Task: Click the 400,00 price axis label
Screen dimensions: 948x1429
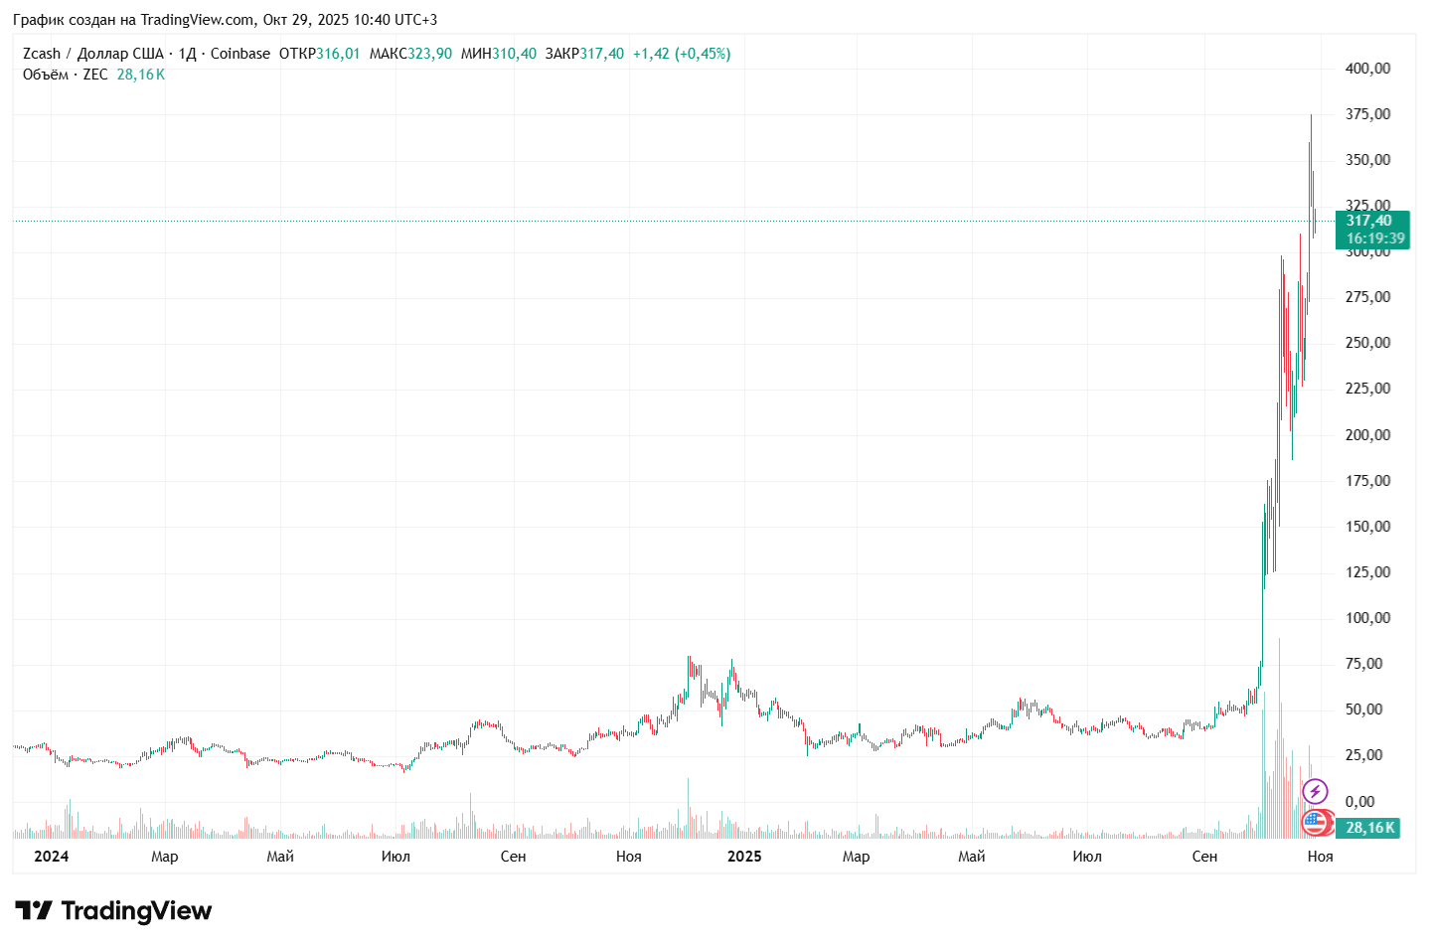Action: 1367,69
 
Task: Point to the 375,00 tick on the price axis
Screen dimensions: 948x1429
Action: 1367,114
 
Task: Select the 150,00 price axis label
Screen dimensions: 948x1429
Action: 1367,527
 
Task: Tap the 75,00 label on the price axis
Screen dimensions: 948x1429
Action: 1363,664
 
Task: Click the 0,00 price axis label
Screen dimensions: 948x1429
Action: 1359,801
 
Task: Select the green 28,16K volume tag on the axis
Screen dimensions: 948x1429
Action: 1369,828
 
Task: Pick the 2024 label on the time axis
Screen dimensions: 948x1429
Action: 51,857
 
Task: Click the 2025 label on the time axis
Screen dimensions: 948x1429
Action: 744,857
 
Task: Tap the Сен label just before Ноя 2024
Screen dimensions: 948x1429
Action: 513,857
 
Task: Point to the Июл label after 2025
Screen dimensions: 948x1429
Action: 1087,857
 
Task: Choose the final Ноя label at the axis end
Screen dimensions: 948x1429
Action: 1320,857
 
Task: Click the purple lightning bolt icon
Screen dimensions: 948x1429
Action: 1315,792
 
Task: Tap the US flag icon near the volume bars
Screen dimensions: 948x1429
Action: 1314,822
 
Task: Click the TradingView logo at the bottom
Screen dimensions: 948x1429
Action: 113,911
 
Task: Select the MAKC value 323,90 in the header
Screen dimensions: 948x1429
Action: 429,54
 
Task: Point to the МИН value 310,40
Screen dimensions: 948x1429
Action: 514,54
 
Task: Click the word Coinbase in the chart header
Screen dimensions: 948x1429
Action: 240,54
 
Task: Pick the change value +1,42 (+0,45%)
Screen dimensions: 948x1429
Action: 682,54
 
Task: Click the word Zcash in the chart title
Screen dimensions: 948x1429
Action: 42,54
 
